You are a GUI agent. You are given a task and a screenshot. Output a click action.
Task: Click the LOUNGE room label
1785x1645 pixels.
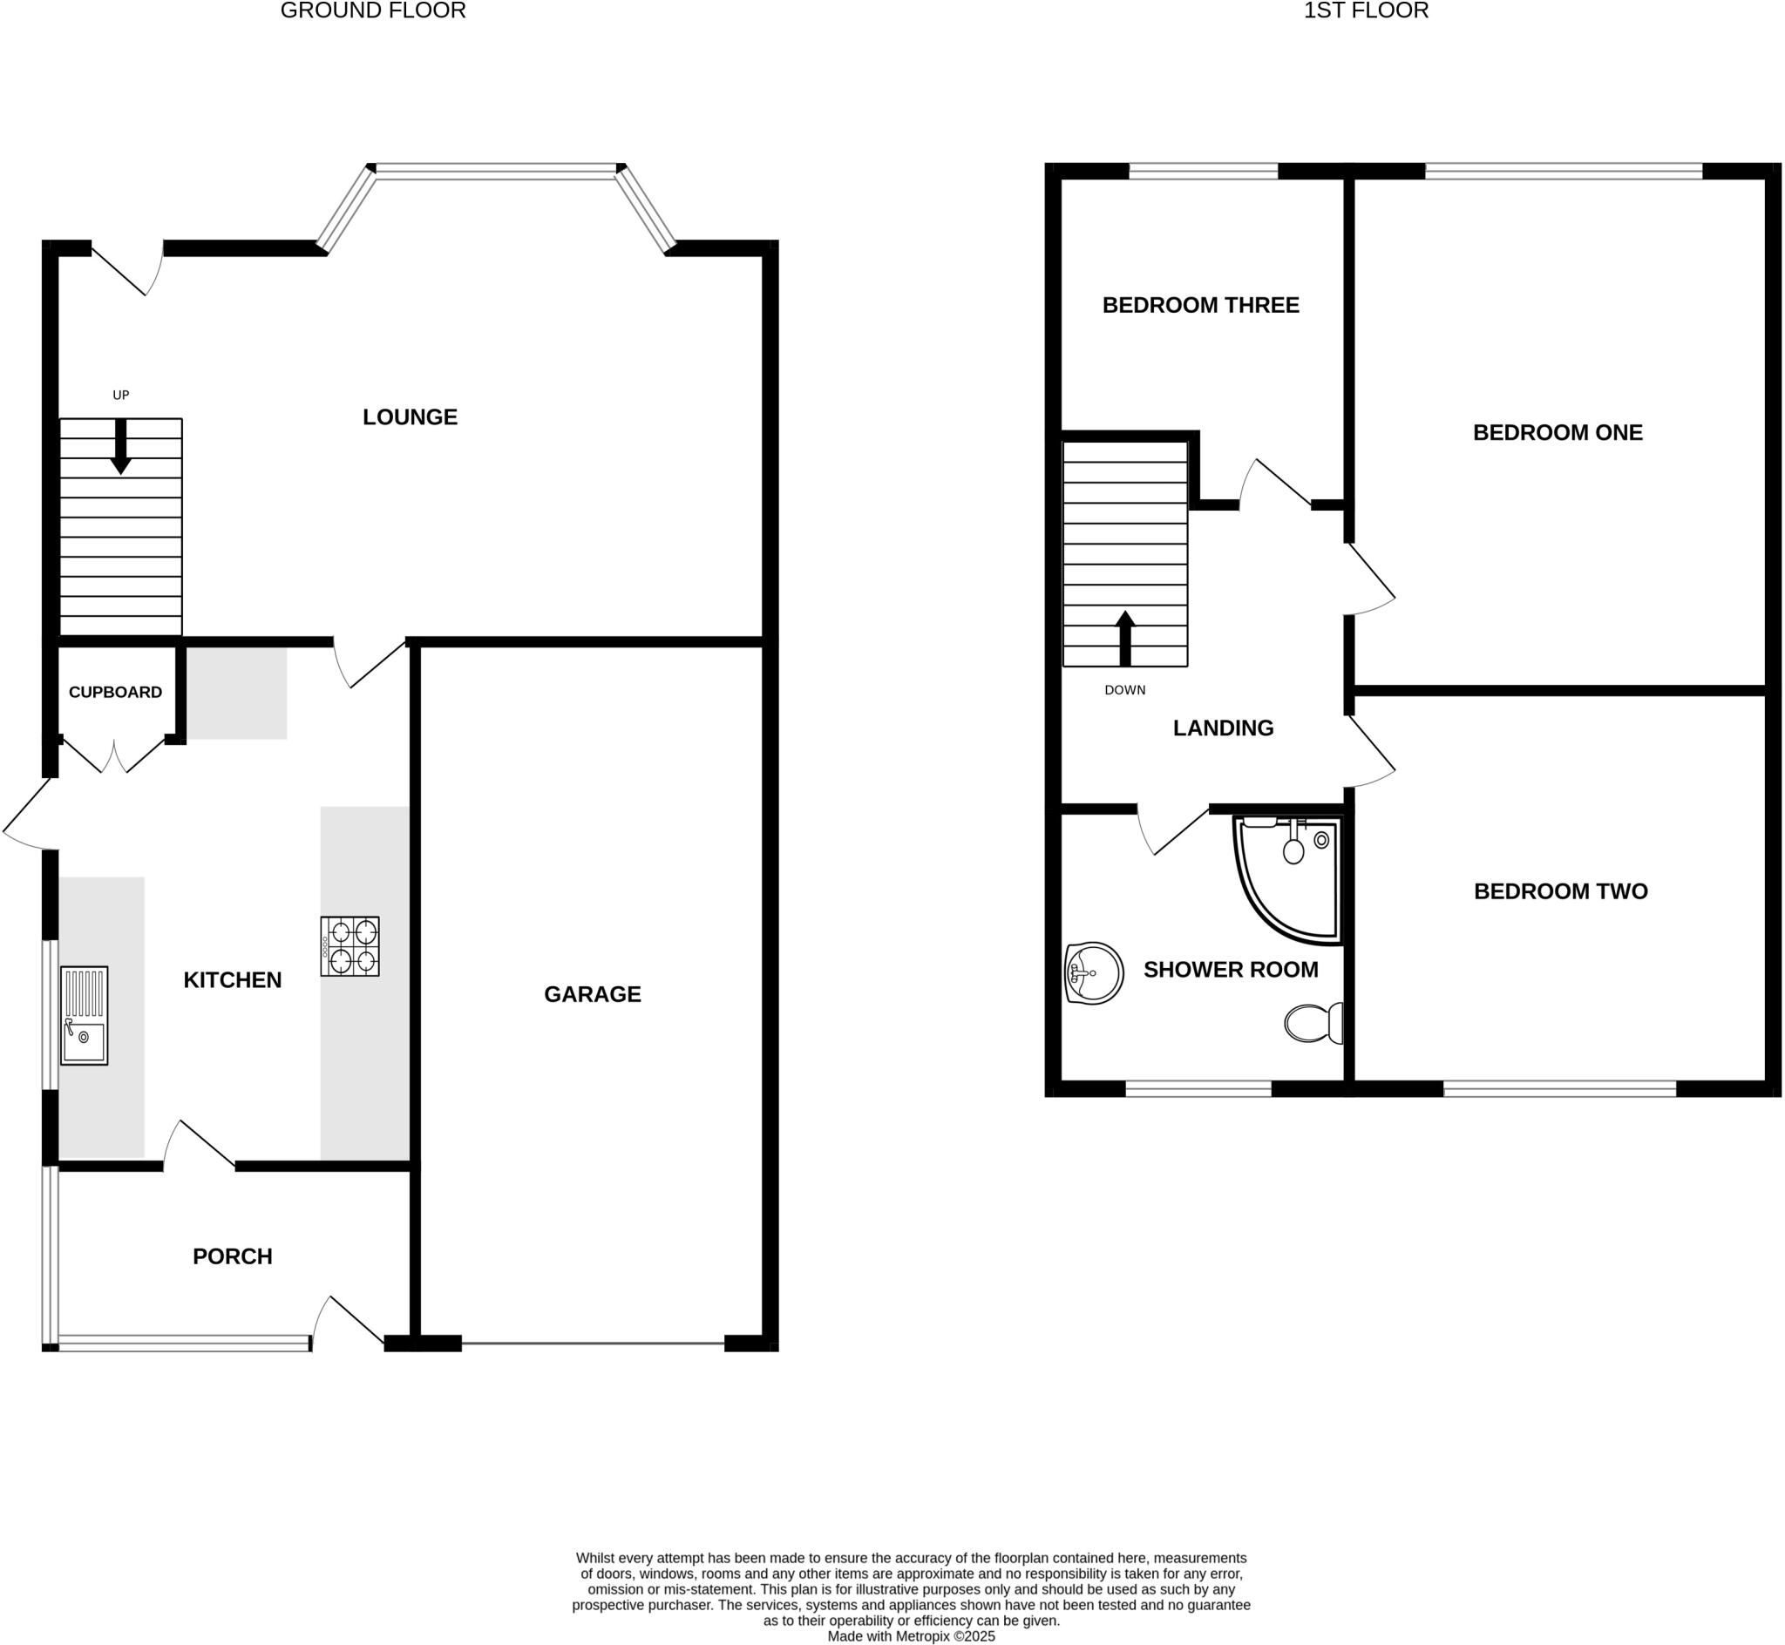[410, 416]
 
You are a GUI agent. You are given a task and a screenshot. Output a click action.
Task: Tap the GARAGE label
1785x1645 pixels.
[592, 994]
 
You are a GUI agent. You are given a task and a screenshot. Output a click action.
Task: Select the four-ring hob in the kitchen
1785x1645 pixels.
[350, 946]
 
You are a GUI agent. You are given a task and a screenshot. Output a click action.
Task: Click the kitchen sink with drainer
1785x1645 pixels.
[84, 1016]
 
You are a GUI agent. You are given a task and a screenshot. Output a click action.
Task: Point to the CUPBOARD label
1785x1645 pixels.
[115, 693]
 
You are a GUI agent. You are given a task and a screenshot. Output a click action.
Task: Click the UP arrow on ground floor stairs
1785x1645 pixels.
[121, 446]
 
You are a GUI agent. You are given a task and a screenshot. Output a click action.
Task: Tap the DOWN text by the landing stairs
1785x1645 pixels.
[1124, 690]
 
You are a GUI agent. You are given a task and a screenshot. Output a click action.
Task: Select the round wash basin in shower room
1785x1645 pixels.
[1094, 973]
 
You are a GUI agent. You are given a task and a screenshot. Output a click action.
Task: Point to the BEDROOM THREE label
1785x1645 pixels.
[1200, 305]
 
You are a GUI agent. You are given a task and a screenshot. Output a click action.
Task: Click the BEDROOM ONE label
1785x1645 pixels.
[1558, 433]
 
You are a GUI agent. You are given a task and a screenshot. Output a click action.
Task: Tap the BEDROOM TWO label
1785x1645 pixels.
[1560, 891]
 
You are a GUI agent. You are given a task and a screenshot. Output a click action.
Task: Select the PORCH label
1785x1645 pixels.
[233, 1256]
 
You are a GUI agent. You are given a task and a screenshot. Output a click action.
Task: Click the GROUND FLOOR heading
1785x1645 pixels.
[373, 10]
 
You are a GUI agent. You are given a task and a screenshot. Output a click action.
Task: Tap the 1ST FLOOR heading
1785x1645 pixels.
[1366, 10]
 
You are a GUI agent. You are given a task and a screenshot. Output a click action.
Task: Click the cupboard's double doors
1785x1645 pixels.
[114, 755]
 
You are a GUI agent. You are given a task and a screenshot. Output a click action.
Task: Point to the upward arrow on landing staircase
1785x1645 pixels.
[1125, 637]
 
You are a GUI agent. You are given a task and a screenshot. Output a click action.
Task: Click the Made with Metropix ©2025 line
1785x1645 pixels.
[911, 1636]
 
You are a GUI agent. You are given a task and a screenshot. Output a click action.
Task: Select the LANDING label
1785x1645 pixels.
[1222, 728]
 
